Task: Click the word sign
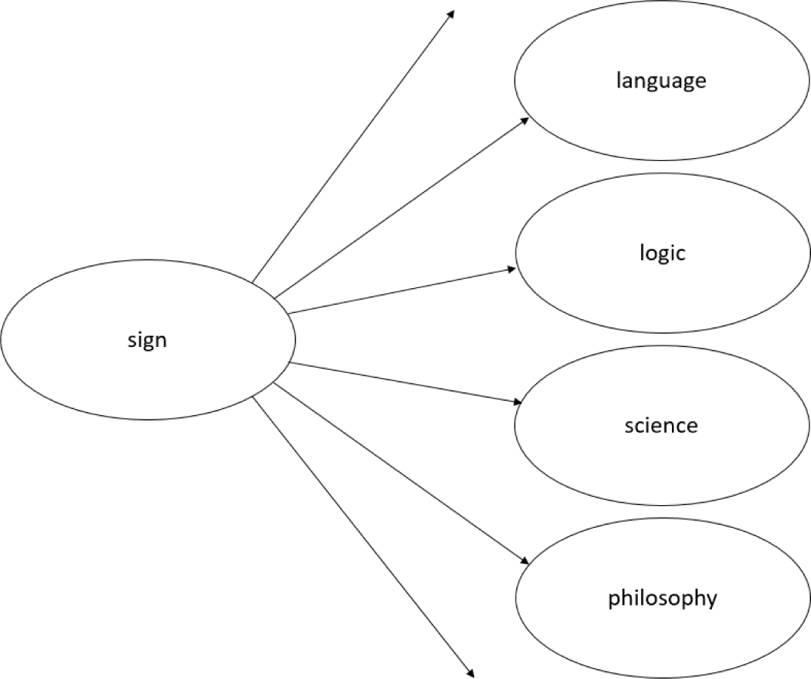[x=147, y=340]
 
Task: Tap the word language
[x=661, y=80]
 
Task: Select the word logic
[x=661, y=253]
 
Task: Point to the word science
[x=661, y=425]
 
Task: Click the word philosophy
[x=662, y=599]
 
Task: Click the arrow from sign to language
[x=401, y=207]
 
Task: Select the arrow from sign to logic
[x=401, y=290]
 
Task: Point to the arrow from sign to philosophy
[x=401, y=473]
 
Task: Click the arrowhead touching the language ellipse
[x=524, y=121]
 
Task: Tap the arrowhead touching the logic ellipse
[x=512, y=268]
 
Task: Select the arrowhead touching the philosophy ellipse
[x=524, y=560]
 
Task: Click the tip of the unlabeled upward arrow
[x=453, y=11]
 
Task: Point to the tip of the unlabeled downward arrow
[x=472, y=675]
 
